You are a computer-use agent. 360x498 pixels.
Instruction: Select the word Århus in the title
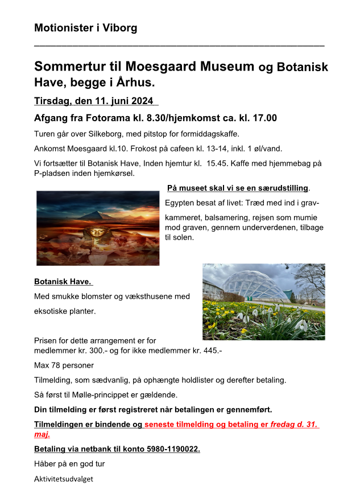click(135, 83)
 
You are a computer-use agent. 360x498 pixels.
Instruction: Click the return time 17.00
click(264, 118)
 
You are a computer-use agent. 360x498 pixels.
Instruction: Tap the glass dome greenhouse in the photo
click(259, 288)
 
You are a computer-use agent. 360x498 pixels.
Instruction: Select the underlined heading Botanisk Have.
click(63, 281)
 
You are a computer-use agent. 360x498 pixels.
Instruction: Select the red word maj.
click(42, 434)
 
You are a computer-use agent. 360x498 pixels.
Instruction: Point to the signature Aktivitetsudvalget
click(63, 479)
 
